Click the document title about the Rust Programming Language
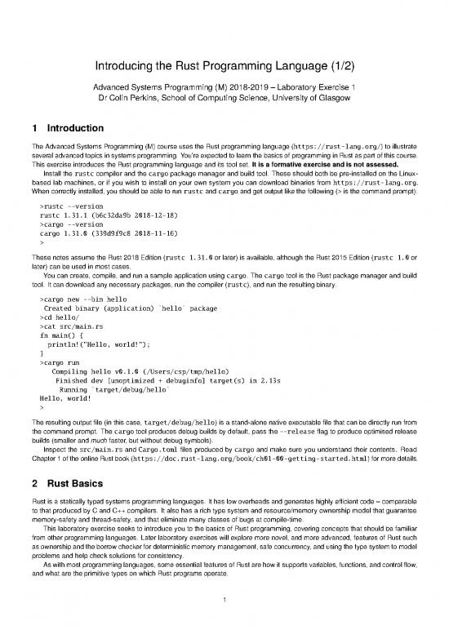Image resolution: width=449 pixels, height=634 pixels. pos(224,64)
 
